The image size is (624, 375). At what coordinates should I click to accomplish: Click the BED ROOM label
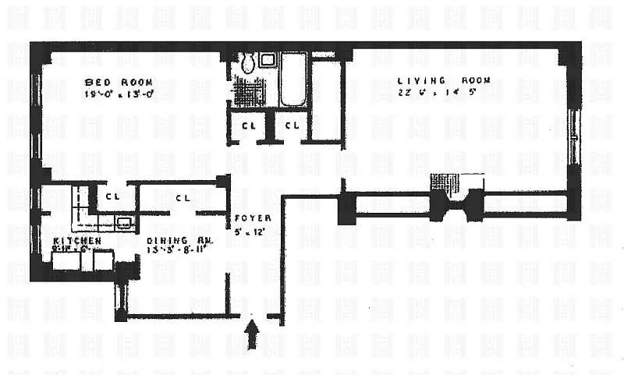(119, 82)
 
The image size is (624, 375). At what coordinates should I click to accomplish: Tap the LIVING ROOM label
(433, 80)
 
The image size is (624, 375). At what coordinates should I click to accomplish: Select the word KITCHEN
(77, 241)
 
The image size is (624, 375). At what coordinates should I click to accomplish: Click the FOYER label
(250, 218)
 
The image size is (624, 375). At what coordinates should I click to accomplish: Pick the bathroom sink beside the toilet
(267, 60)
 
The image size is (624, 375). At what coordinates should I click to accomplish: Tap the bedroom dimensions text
(119, 95)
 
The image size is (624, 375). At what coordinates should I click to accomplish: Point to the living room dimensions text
(432, 94)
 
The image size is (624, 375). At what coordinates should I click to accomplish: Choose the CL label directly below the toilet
(249, 125)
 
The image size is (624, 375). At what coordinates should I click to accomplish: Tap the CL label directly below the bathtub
(292, 125)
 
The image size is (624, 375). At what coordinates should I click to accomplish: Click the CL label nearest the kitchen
(112, 197)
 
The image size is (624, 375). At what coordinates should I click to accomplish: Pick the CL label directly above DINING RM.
(183, 198)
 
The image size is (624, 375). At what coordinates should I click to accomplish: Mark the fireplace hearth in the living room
(458, 183)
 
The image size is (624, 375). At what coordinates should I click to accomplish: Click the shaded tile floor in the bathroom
(250, 92)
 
